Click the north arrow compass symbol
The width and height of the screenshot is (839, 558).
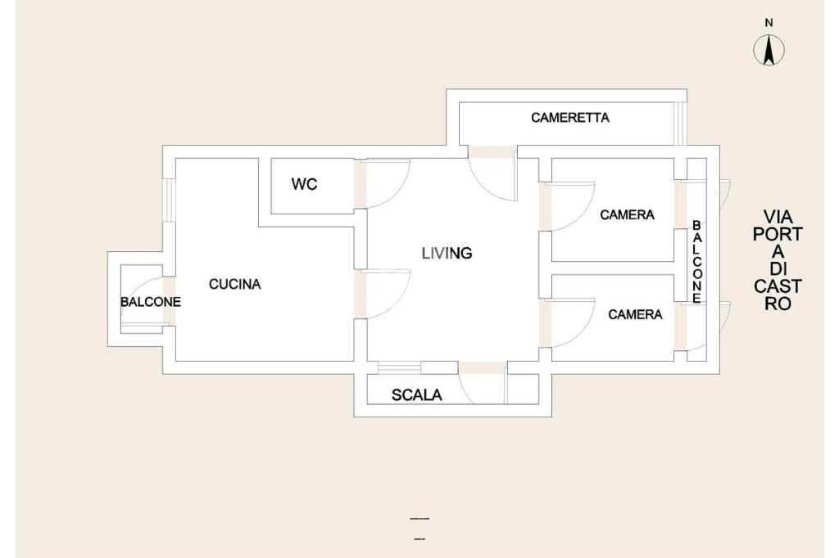pyautogui.click(x=769, y=51)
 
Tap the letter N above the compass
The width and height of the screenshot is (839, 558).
pyautogui.click(x=769, y=23)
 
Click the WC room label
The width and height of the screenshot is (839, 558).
pyautogui.click(x=305, y=184)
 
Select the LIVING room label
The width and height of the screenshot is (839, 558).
pyautogui.click(x=447, y=253)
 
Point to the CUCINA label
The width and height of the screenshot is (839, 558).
pyautogui.click(x=235, y=285)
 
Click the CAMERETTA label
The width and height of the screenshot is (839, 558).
pyautogui.click(x=570, y=118)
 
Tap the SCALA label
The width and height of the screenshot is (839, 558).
pyautogui.click(x=417, y=395)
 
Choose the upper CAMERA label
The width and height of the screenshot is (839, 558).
pyautogui.click(x=627, y=215)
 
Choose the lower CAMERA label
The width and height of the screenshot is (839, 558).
pyautogui.click(x=635, y=314)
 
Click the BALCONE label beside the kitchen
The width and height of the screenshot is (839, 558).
pyautogui.click(x=151, y=302)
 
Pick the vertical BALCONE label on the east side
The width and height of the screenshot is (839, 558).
pyautogui.click(x=696, y=262)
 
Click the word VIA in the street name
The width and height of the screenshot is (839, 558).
pyautogui.click(x=778, y=217)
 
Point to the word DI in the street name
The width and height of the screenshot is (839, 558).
pyautogui.click(x=778, y=269)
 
